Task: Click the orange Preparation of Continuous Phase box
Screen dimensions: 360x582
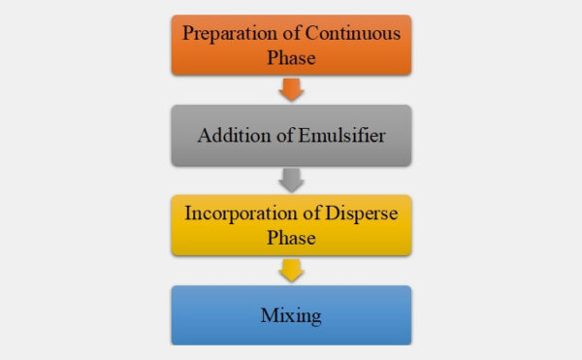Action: coord(291,45)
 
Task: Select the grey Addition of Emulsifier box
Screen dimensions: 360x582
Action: coord(291,135)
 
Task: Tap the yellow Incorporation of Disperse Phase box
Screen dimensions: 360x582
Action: coord(291,225)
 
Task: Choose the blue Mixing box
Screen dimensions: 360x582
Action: coord(291,314)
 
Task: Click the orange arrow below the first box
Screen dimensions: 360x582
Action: coord(291,89)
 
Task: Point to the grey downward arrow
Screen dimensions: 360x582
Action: coord(291,180)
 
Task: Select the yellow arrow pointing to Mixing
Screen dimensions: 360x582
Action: coord(291,270)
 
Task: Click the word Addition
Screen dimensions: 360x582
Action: coord(230,135)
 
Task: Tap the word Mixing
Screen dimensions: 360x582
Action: coord(291,315)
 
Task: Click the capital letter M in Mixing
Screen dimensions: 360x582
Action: coord(269,314)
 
